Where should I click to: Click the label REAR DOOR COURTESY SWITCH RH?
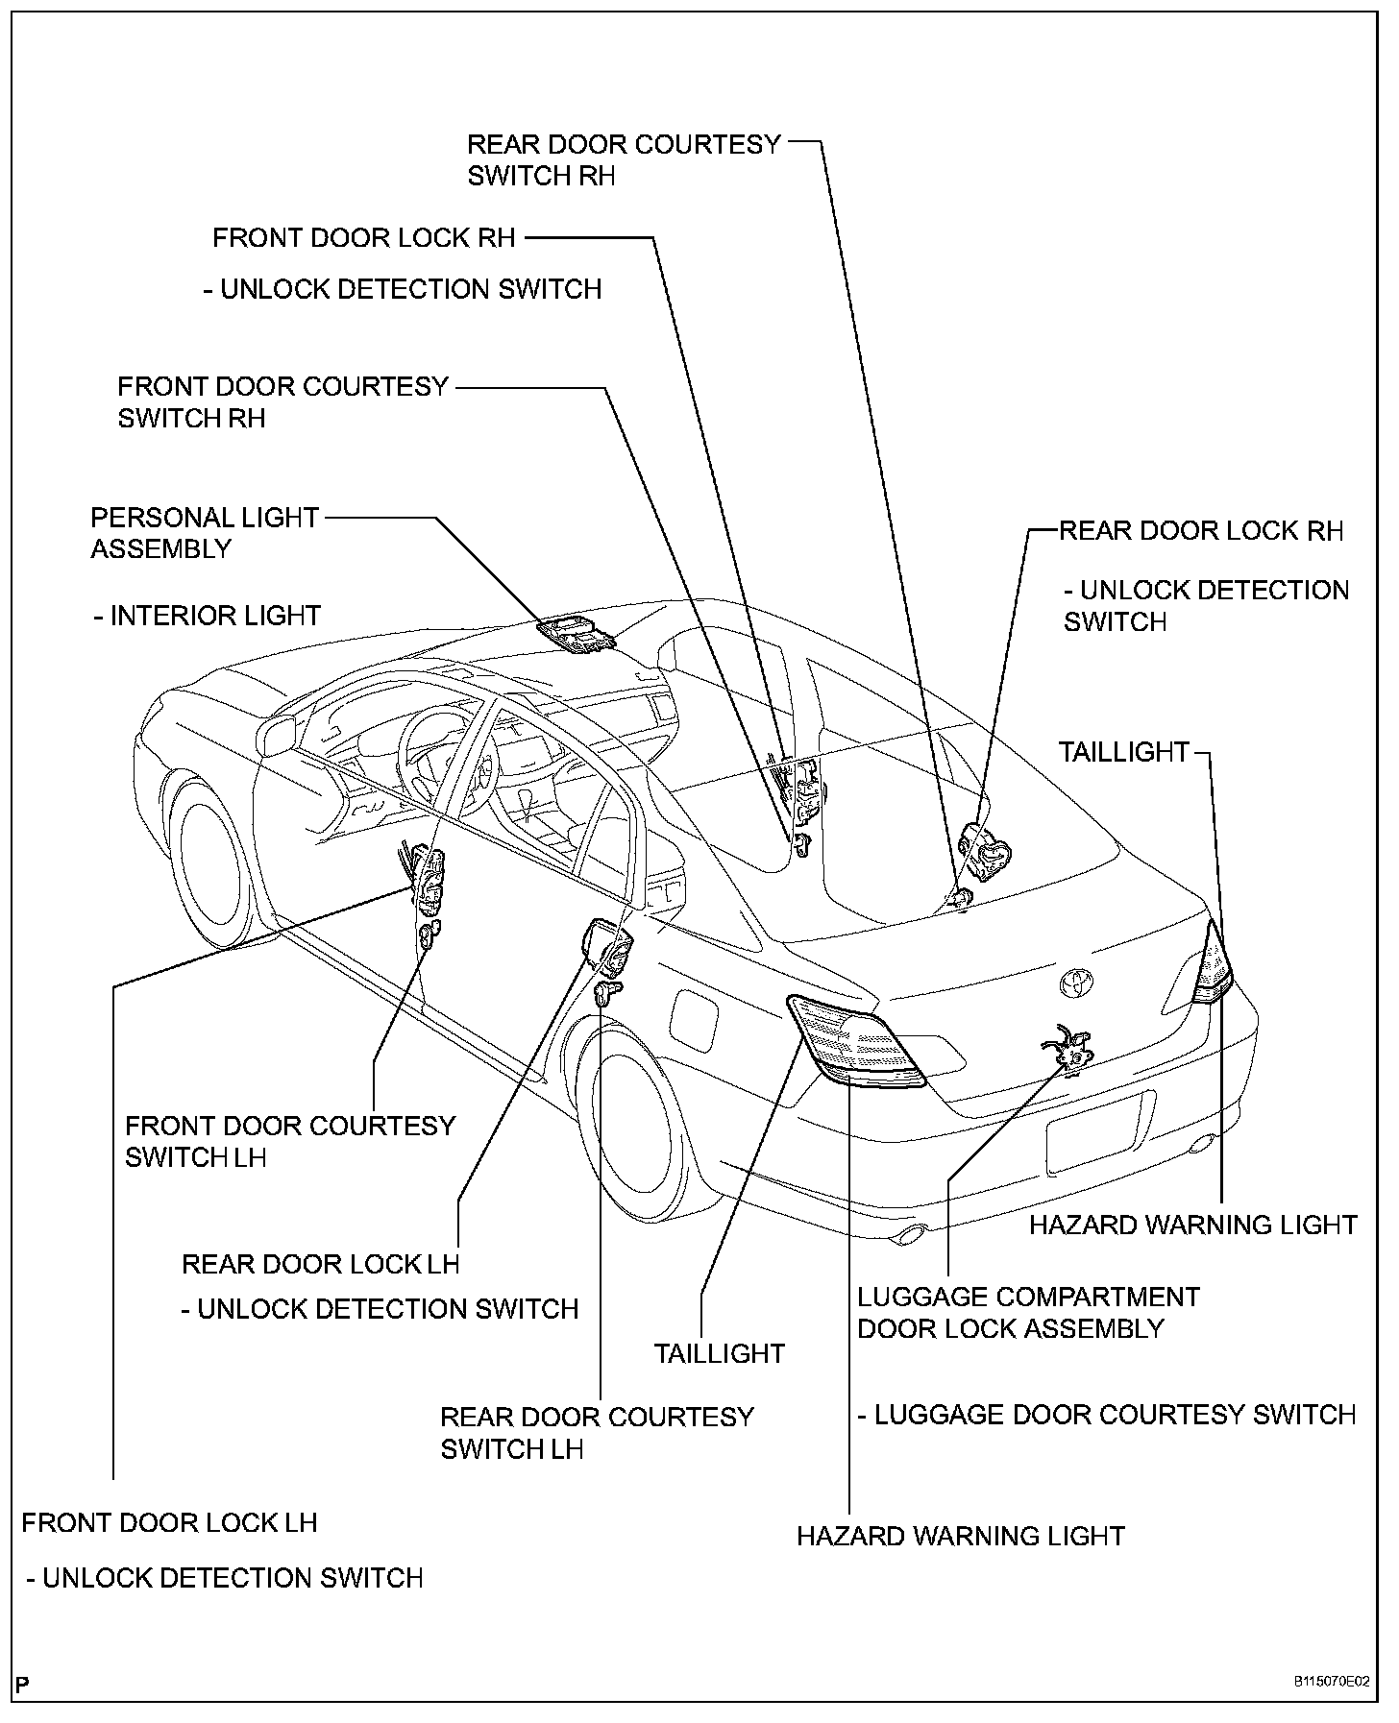(x=624, y=159)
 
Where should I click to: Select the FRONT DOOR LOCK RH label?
(x=364, y=237)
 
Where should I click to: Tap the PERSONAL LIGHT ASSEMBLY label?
(x=204, y=533)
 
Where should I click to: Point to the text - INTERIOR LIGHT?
(x=208, y=615)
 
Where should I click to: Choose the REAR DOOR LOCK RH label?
(x=1200, y=531)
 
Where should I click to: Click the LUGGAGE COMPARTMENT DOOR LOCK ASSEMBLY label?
(x=1027, y=1312)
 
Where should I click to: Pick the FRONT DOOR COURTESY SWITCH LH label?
(x=290, y=1141)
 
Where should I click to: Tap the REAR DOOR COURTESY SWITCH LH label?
(x=597, y=1432)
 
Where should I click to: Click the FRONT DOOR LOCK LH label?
(x=169, y=1522)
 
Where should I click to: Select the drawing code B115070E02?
(x=1331, y=1682)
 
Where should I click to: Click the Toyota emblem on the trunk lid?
(x=1077, y=982)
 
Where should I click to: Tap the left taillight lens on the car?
(x=853, y=1041)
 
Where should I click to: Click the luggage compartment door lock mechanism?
(x=1071, y=1048)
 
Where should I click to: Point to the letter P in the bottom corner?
(x=23, y=1683)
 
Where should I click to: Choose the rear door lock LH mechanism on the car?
(x=607, y=947)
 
